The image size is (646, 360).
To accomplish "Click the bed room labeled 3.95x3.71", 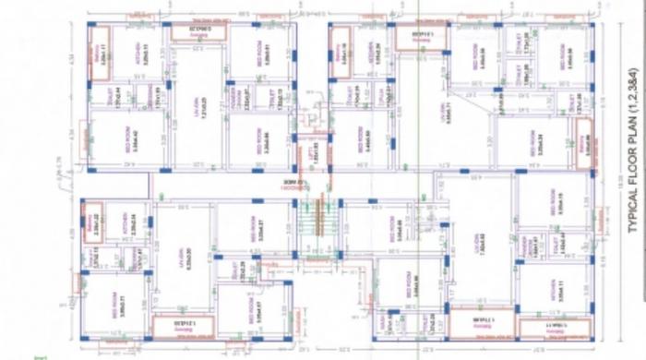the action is [111, 300].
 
